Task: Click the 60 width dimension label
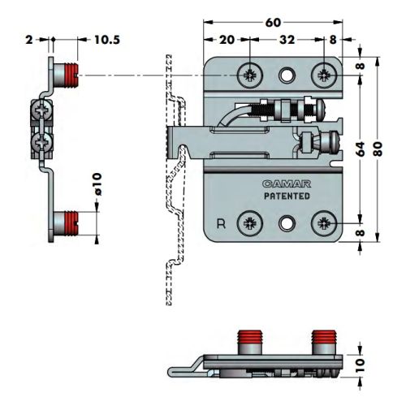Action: click(273, 23)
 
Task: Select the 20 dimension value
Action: click(227, 40)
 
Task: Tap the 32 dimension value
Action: click(287, 40)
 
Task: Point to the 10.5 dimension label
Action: click(107, 40)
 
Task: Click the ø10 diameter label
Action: click(97, 184)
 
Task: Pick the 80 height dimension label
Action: click(378, 149)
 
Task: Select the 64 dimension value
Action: click(361, 149)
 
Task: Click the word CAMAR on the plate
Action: click(287, 184)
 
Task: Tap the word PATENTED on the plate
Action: click(287, 196)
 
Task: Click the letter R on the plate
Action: click(221, 224)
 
